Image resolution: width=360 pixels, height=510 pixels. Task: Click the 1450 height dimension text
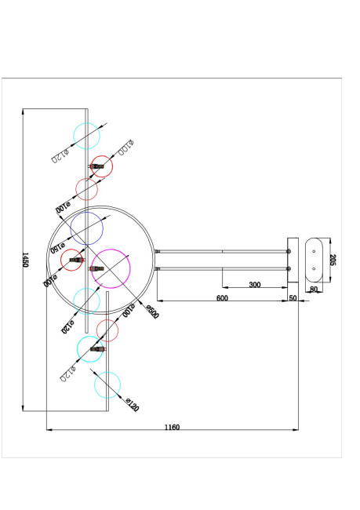tap(25, 260)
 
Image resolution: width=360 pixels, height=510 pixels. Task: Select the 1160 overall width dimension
tap(173, 427)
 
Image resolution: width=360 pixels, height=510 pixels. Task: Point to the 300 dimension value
tap(254, 284)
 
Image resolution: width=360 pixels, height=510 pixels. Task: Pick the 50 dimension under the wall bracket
tap(293, 298)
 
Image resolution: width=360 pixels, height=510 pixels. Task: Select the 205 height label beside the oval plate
tap(333, 260)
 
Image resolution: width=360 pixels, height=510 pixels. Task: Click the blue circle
tap(87, 228)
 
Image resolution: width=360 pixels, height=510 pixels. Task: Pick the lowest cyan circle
tap(107, 386)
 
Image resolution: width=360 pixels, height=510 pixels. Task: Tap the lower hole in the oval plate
tap(313, 268)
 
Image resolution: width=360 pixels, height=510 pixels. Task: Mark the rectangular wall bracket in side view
tap(293, 260)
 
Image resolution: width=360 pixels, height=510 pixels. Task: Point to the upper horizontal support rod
tap(224, 251)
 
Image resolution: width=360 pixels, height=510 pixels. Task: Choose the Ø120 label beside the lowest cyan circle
tap(131, 406)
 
